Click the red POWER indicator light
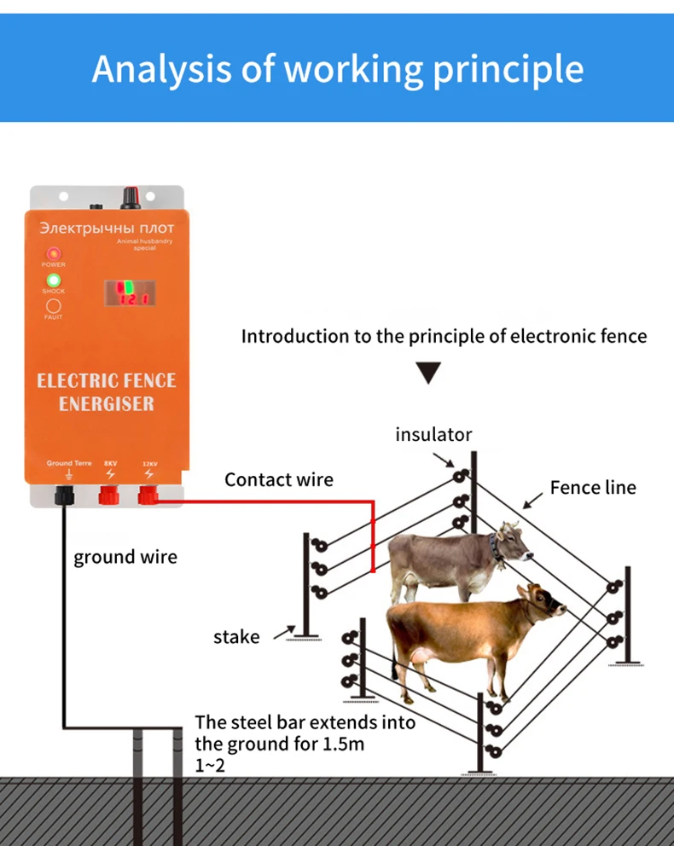[53, 253]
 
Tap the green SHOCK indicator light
[53, 280]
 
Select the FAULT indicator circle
[53, 305]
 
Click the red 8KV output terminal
[109, 495]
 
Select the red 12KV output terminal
[149, 495]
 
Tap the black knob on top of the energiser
[131, 198]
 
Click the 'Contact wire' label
[279, 479]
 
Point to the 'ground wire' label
[125, 557]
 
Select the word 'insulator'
[433, 434]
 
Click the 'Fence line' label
[593, 487]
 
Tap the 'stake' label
[236, 636]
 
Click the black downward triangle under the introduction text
[428, 373]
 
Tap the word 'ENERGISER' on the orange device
[107, 403]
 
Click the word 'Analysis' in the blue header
[160, 68]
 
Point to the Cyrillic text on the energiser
[107, 229]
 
